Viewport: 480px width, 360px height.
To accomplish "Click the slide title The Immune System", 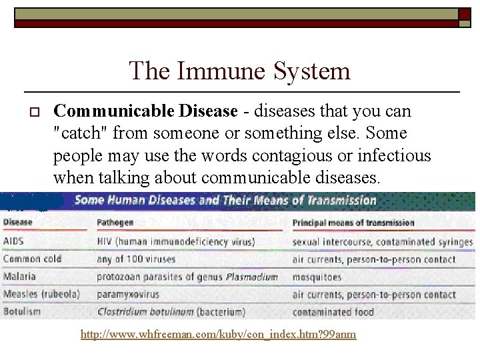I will (x=239, y=71).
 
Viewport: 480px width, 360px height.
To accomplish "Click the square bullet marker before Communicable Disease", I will (x=31, y=111).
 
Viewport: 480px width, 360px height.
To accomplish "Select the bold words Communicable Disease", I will (x=145, y=111).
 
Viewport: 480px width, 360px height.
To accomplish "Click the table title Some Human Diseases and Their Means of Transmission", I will (x=225, y=200).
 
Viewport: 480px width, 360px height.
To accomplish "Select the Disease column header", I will (x=17, y=223).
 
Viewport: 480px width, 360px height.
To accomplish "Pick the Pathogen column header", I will (x=115, y=223).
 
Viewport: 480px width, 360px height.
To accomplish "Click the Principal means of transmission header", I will (x=353, y=223).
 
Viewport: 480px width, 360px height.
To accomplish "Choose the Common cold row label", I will (x=31, y=259).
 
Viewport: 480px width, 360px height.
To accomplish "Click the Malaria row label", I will (x=19, y=276).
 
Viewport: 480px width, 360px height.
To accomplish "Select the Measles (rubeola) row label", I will (x=41, y=294).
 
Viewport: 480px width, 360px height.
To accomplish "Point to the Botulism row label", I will (x=22, y=311).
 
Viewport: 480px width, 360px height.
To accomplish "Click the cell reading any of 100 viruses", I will (x=135, y=259).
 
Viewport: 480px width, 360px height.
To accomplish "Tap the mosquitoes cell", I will (x=317, y=277).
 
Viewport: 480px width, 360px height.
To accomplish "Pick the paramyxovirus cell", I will (x=130, y=294).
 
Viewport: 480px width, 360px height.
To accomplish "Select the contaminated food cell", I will (x=333, y=311).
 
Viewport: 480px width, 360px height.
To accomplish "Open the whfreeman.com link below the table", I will (x=218, y=335).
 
